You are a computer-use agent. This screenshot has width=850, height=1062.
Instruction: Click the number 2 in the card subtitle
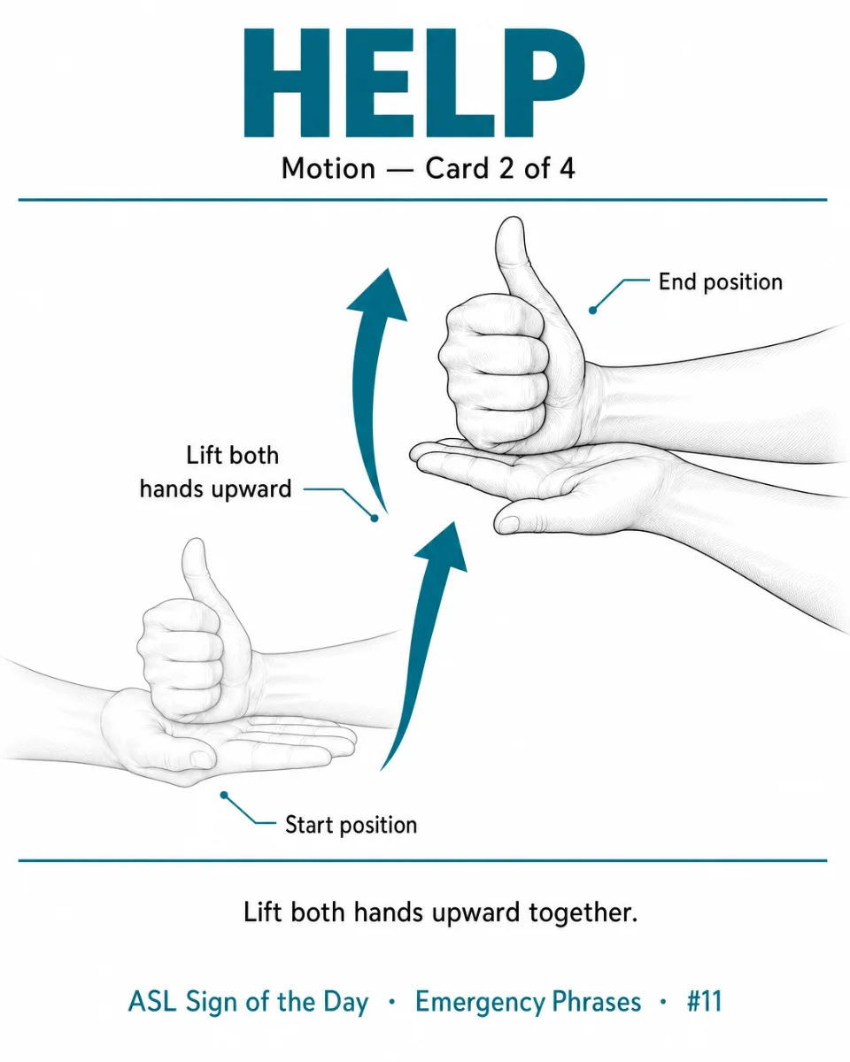pos(506,168)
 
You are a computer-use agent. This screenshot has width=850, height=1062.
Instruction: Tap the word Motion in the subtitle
pos(328,168)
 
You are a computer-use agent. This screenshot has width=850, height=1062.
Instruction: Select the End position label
pos(721,282)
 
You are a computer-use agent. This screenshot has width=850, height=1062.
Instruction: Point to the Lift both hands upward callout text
pos(216,473)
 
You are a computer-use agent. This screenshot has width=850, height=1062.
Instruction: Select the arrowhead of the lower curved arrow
pos(444,547)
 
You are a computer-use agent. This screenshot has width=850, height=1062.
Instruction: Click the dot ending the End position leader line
pos(592,310)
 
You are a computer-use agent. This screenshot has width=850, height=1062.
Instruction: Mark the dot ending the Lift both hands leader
pos(375,519)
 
